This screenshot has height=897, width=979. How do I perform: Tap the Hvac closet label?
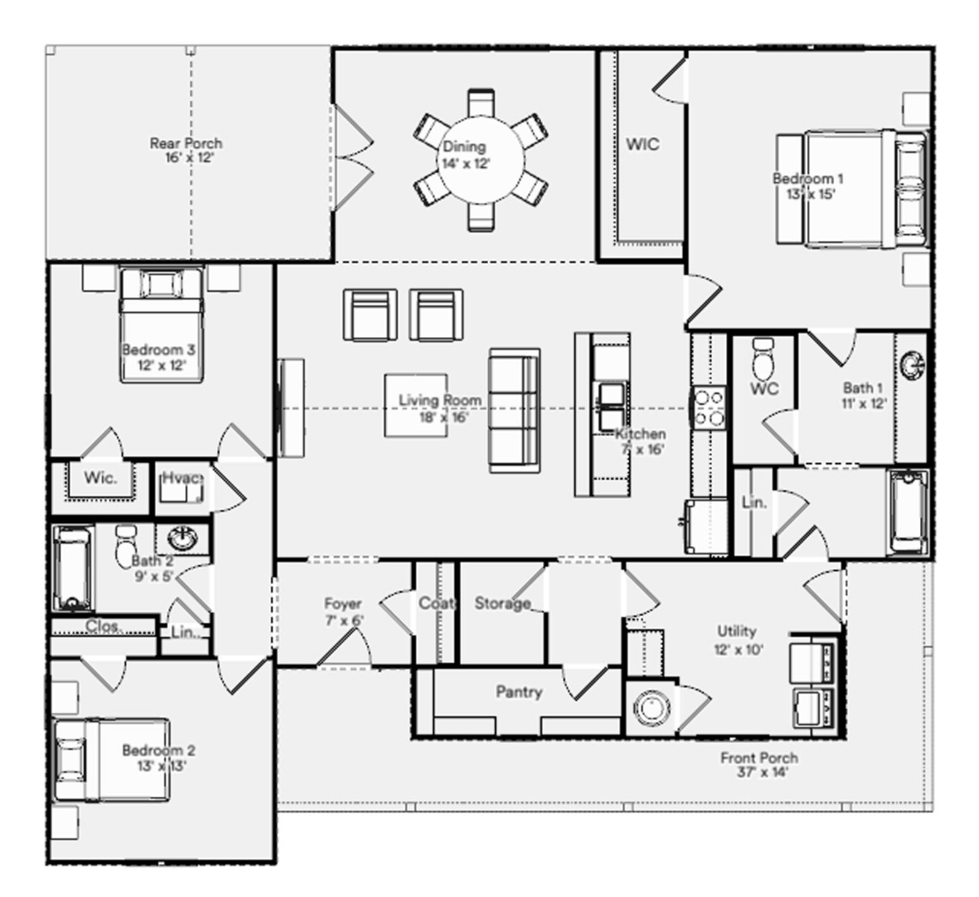click(x=182, y=478)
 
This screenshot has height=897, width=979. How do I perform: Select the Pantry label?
click(x=519, y=692)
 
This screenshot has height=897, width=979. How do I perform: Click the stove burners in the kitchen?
click(x=709, y=408)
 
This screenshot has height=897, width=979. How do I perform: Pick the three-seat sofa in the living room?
click(x=514, y=410)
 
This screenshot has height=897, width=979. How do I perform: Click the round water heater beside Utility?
click(x=651, y=708)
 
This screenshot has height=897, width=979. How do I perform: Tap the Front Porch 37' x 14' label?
click(x=758, y=765)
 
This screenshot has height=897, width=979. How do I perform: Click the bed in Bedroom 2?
click(x=112, y=759)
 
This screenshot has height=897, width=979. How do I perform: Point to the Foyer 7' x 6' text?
click(x=343, y=612)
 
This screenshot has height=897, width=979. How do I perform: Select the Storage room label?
click(x=502, y=603)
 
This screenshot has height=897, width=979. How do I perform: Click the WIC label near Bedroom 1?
click(x=643, y=145)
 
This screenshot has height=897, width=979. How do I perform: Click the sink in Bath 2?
click(x=182, y=539)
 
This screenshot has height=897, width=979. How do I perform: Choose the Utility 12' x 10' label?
click(x=737, y=640)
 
